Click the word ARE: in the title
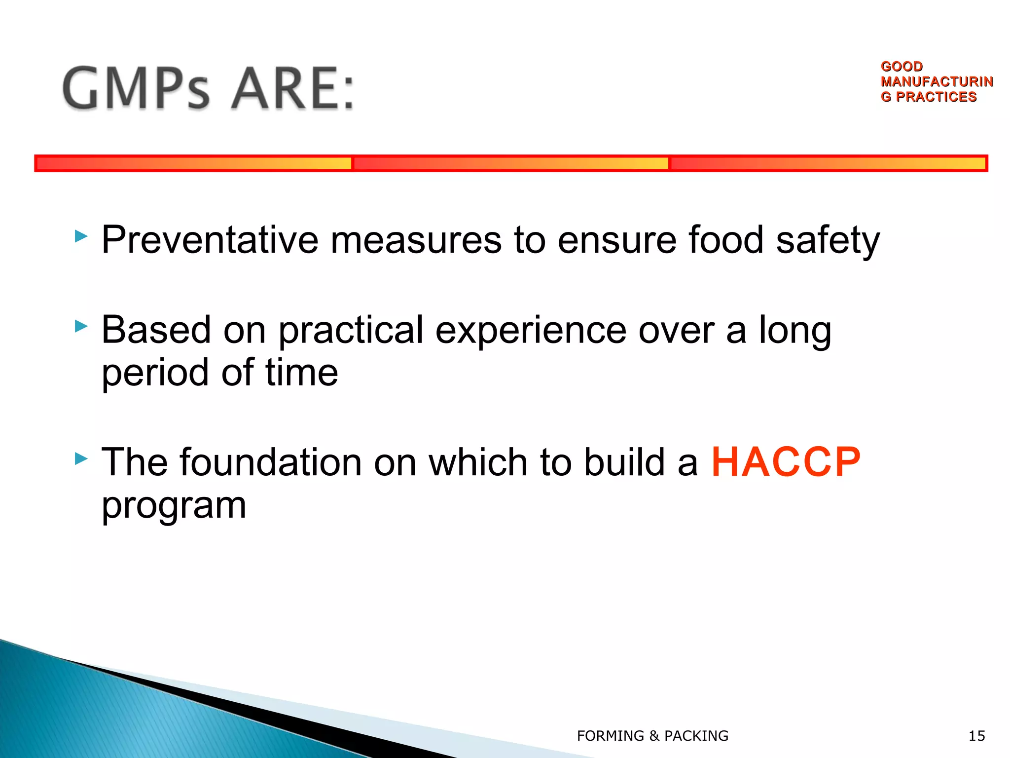[293, 89]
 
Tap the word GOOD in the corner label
[902, 66]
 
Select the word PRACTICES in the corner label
[936, 97]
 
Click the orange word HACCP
[786, 462]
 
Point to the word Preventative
[210, 240]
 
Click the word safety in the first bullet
[828, 240]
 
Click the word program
[174, 505]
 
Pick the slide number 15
[976, 736]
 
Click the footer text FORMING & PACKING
[652, 736]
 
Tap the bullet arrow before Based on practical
[81, 326]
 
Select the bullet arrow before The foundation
[81, 459]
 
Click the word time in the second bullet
[302, 373]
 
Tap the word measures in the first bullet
[416, 240]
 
